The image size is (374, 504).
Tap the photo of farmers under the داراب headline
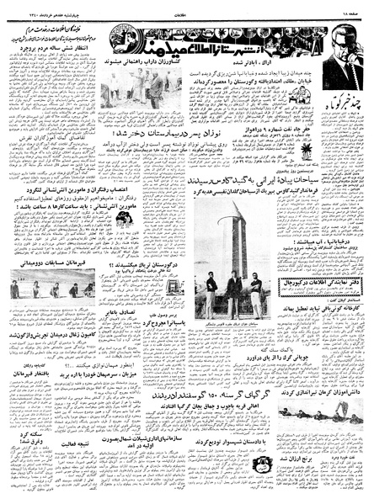point(138,90)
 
